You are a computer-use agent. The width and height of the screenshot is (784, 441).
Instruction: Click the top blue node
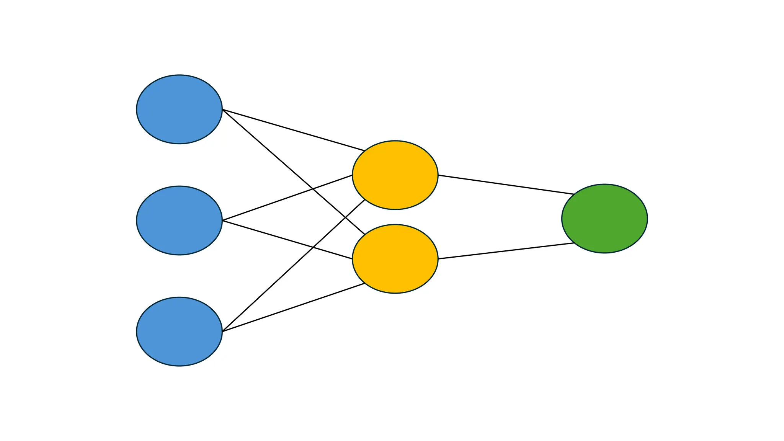(179, 109)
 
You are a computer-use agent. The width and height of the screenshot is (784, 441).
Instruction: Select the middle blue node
(179, 220)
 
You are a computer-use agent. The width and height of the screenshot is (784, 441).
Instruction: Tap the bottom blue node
(179, 332)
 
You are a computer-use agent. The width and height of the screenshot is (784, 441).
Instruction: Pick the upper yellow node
(395, 175)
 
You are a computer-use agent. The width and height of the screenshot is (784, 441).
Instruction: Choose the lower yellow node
(395, 259)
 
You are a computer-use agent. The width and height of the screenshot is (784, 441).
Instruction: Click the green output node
(604, 219)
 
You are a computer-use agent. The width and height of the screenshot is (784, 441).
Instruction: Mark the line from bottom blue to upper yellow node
(268, 289)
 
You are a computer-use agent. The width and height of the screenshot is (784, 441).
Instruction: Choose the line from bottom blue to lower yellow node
(293, 307)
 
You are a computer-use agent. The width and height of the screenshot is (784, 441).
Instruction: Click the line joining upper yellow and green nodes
(505, 185)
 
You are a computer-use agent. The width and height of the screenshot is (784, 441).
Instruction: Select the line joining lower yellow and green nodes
(505, 251)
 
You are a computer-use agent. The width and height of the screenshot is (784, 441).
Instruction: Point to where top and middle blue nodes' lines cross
(313, 189)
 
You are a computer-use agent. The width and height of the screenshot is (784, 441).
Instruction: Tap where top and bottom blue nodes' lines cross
(346, 217)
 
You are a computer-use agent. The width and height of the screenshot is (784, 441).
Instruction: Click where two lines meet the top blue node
(222, 110)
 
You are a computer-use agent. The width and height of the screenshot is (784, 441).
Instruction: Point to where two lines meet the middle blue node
(222, 220)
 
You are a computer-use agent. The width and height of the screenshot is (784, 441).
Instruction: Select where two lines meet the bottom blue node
(222, 331)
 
